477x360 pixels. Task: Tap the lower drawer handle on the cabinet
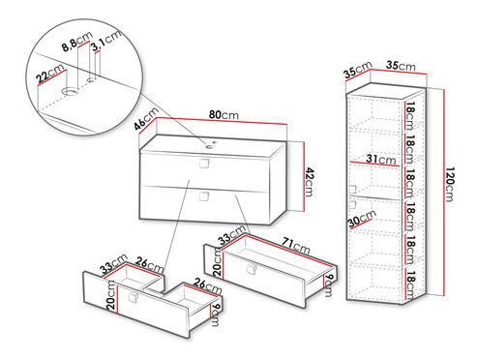(x=203, y=196)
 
